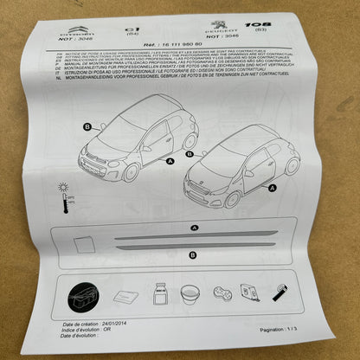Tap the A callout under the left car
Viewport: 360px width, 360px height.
(x=170, y=162)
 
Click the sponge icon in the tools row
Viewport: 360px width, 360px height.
(x=220, y=294)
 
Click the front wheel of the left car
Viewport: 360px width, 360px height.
(x=132, y=171)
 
